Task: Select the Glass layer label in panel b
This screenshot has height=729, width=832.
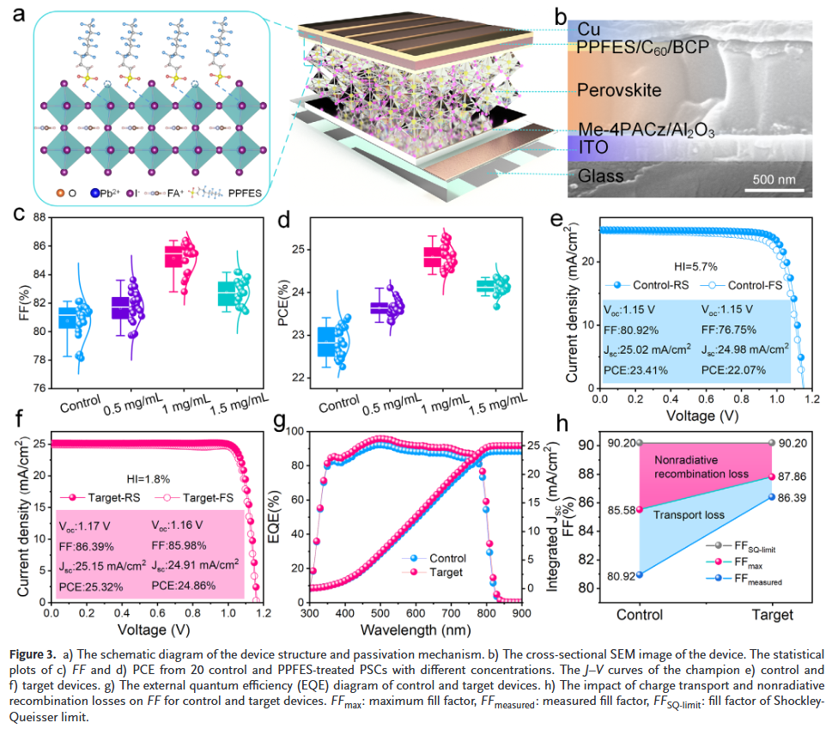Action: tap(600, 176)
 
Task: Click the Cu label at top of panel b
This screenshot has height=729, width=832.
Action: tap(588, 28)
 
